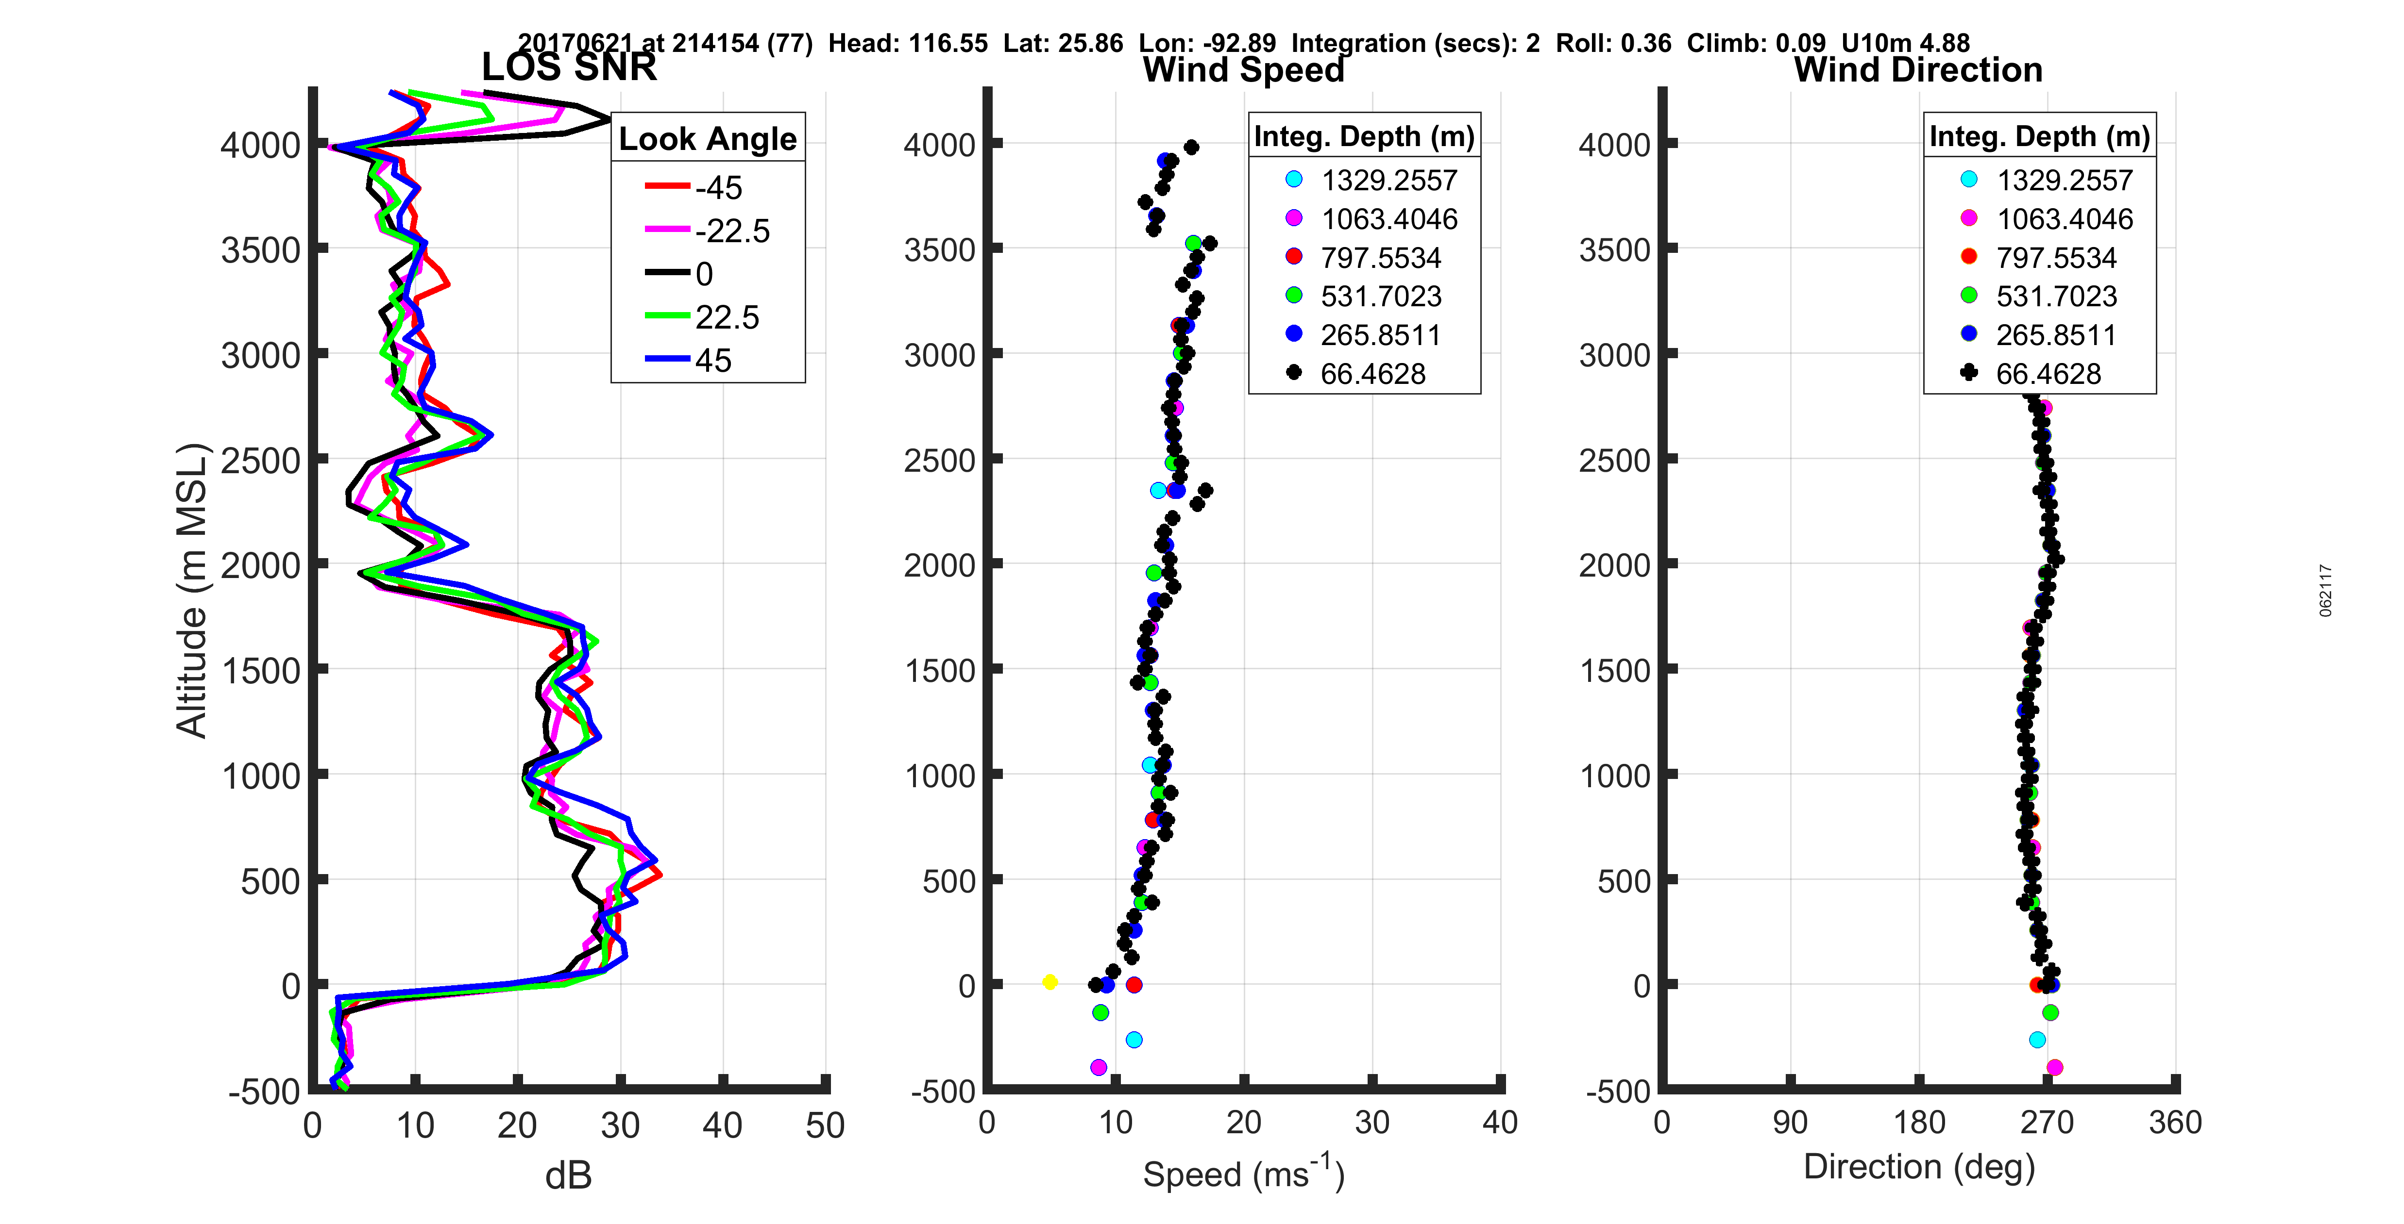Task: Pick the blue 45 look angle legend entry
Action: pos(691,360)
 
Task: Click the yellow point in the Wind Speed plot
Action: pos(1050,981)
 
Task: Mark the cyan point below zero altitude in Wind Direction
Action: pos(2037,1039)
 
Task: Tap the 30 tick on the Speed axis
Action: pos(1372,1122)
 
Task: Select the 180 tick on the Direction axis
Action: pos(1919,1122)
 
